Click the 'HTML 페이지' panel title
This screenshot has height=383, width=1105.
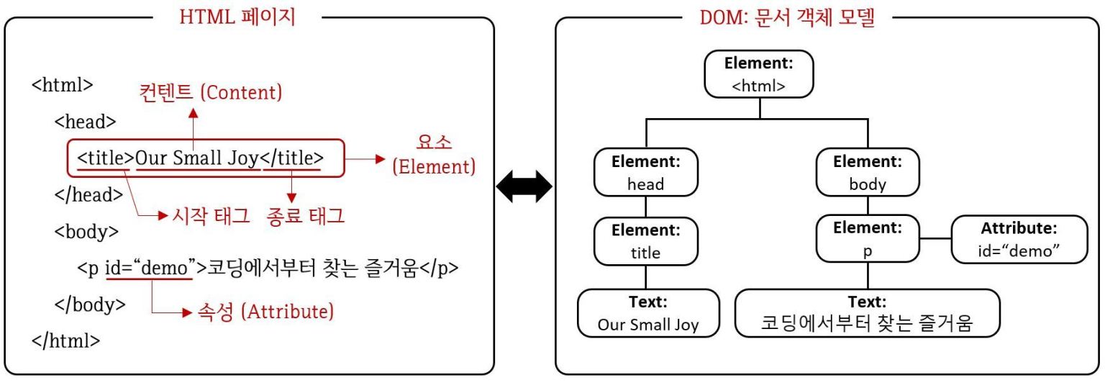(237, 17)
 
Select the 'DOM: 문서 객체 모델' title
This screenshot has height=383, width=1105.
(786, 17)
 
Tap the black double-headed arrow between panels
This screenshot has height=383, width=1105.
(524, 189)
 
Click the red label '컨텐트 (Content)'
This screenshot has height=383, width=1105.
(211, 93)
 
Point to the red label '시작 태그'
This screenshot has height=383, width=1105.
(207, 215)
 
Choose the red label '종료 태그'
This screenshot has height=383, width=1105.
(303, 215)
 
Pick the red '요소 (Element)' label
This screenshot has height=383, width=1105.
(434, 155)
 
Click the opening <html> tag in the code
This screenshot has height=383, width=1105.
(63, 84)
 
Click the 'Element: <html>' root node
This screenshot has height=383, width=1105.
(759, 74)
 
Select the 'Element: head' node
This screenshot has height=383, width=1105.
(645, 173)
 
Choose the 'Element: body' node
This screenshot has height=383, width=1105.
(868, 173)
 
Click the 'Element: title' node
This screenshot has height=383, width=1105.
(645, 240)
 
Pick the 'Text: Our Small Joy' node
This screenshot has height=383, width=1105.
(648, 313)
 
